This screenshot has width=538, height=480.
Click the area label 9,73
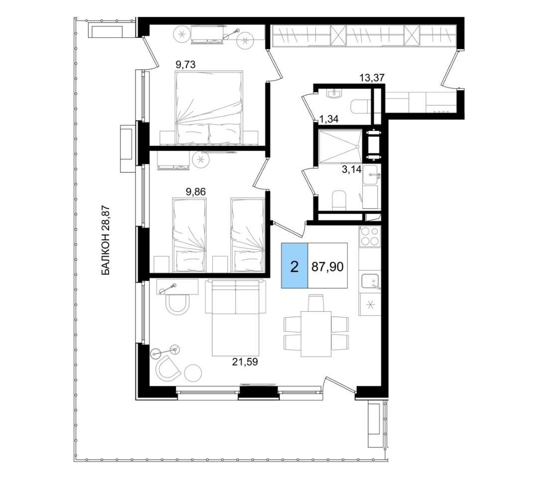[185, 64]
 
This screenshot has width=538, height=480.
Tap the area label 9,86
[196, 192]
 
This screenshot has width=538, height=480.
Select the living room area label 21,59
[245, 362]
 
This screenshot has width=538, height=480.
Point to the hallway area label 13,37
[372, 78]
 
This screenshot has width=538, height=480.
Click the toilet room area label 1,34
[329, 120]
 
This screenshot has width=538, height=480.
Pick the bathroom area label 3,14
[352, 169]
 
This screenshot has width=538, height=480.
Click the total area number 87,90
[327, 266]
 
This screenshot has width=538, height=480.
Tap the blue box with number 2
[294, 266]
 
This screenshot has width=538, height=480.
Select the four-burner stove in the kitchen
[370, 236]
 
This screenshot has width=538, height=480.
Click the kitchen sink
[370, 282]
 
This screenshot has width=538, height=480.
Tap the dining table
[316, 334]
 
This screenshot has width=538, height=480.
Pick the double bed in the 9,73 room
[209, 108]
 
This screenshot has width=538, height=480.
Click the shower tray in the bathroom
[340, 146]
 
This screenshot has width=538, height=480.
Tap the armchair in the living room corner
[168, 368]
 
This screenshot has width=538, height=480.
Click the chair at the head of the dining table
[316, 303]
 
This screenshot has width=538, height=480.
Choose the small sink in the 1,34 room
[334, 93]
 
